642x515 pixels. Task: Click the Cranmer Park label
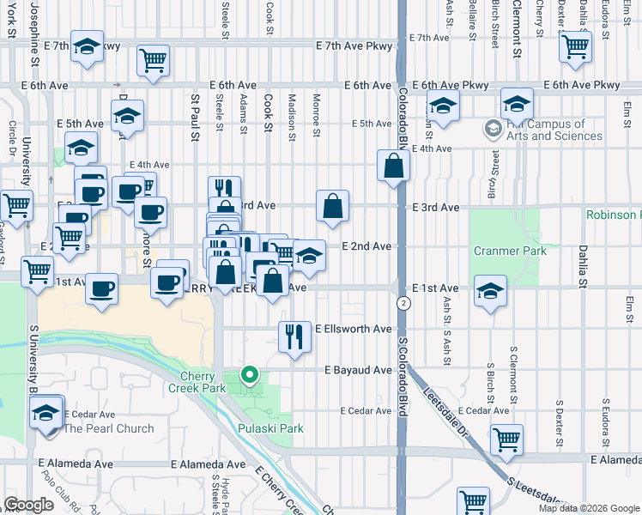[511, 251]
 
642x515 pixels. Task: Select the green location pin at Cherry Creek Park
[250, 374]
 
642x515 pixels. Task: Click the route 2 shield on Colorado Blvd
[403, 304]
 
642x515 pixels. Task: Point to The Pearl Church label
[109, 428]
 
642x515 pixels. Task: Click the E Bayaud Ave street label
[358, 370]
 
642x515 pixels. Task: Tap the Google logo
[29, 505]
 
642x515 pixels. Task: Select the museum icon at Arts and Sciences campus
[493, 130]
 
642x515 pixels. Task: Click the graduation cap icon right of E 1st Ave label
[490, 290]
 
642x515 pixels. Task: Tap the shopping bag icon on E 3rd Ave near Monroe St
[332, 205]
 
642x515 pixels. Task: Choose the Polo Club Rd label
[69, 497]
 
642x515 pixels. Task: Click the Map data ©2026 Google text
[588, 508]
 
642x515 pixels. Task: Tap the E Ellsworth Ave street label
[354, 329]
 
